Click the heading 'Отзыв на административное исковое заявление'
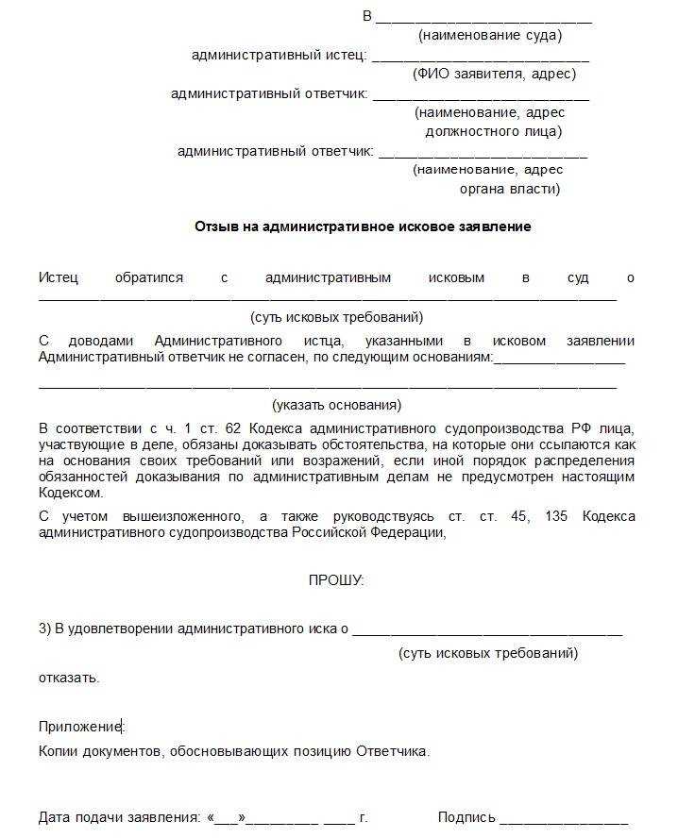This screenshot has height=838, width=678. point(363,226)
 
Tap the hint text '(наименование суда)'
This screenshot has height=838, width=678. point(489,36)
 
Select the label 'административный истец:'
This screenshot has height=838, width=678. point(280,56)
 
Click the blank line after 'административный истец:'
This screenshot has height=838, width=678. point(481,58)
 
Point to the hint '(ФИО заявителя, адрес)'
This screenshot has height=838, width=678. point(494,75)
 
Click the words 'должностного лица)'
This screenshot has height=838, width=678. point(493,131)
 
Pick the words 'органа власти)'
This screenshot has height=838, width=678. point(509,189)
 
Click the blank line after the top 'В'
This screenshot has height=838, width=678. point(483,19)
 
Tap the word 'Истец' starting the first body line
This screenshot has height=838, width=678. point(59,278)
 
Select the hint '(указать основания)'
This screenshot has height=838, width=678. point(336,406)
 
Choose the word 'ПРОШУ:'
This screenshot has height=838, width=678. point(335,580)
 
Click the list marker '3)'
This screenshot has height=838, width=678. point(44,628)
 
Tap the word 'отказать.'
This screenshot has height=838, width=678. point(69,678)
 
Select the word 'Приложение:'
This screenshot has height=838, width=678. point(80,727)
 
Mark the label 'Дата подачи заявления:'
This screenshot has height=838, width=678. point(119,817)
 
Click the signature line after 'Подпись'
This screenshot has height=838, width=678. point(564,819)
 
